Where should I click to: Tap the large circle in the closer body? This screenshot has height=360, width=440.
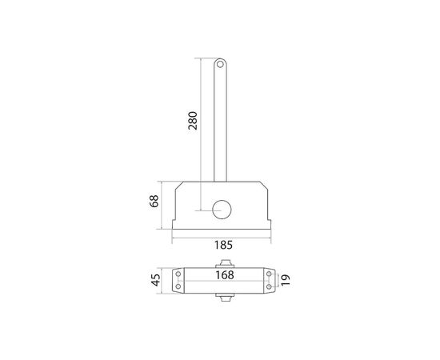222,208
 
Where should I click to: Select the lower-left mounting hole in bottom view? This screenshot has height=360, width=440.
179,288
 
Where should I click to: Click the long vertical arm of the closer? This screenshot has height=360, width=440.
222,120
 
